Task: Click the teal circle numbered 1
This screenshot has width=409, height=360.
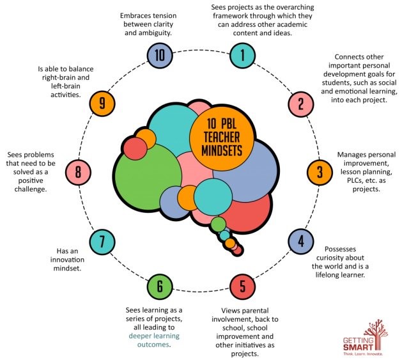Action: [x=243, y=56]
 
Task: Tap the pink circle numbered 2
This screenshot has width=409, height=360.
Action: [x=301, y=104]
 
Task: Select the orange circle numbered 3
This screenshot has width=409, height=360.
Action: [x=320, y=173]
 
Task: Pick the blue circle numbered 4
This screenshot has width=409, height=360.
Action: [x=301, y=242]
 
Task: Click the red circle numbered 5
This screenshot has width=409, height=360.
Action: [x=243, y=286]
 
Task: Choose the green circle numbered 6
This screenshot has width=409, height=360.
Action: [x=160, y=286]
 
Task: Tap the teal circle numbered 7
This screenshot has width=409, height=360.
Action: [x=102, y=242]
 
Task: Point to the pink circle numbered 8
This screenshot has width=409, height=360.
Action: [x=78, y=173]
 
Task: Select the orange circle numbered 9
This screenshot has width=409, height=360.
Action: [x=102, y=104]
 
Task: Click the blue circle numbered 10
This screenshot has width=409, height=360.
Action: [x=160, y=56]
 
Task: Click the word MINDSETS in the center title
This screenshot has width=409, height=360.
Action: [x=222, y=151]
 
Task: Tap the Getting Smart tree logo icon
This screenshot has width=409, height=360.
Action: [x=375, y=334]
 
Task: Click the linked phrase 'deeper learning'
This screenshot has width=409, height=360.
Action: [x=154, y=336]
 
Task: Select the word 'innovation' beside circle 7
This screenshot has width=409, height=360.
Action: [x=67, y=260]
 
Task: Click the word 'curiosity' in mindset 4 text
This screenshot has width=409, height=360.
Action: [x=340, y=258]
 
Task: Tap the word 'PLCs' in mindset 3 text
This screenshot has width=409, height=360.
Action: [x=356, y=180]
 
